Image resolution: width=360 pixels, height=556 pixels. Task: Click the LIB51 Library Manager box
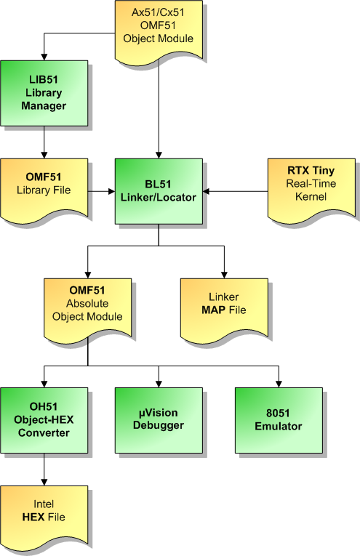click(44, 93)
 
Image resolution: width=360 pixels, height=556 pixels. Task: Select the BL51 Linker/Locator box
click(159, 191)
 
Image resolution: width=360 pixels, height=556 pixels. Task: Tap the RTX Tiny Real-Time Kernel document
click(311, 190)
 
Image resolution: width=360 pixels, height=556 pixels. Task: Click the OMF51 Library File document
click(44, 190)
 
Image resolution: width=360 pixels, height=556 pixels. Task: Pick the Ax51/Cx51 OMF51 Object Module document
click(159, 32)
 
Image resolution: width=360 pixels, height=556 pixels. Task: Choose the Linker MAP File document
click(224, 310)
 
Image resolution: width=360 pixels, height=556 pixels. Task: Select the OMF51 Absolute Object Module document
click(87, 310)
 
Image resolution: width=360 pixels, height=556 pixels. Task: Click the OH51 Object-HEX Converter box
click(44, 420)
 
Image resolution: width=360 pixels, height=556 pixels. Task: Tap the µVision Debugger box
click(159, 420)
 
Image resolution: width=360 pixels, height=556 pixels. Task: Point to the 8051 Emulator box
click(279, 420)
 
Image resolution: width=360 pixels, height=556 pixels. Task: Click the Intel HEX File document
click(44, 517)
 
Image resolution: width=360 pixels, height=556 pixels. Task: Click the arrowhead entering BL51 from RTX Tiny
click(206, 191)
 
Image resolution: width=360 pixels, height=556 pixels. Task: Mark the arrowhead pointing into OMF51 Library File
click(44, 156)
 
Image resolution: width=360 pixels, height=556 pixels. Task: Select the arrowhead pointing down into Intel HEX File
click(44, 483)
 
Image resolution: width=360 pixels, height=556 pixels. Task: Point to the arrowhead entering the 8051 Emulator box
click(279, 384)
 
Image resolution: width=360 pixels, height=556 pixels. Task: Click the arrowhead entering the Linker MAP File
click(224, 275)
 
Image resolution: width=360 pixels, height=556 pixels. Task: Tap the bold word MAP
click(214, 310)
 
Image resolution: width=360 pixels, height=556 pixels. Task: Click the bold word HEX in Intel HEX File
click(33, 517)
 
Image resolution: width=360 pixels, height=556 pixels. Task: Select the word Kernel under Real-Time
click(311, 196)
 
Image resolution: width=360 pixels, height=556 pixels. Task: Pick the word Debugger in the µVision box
click(159, 425)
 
